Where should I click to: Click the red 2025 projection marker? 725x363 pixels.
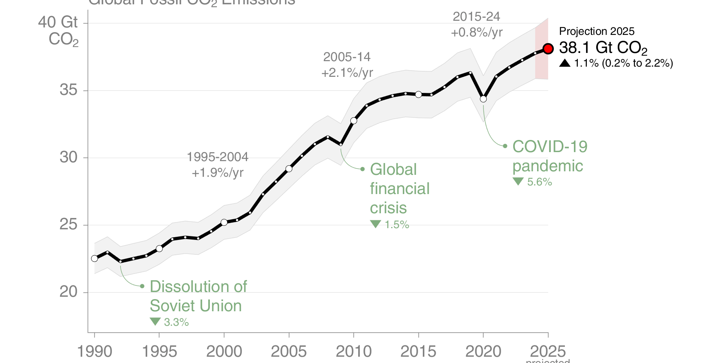[548, 49]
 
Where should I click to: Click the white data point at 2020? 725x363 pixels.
[483, 99]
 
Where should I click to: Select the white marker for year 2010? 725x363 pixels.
[354, 121]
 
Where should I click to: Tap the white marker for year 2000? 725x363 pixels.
[224, 222]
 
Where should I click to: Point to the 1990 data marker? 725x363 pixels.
[94, 258]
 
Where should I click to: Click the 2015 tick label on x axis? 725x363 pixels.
[418, 351]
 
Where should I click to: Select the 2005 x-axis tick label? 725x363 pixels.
[289, 351]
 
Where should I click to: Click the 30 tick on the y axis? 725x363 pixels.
[69, 157]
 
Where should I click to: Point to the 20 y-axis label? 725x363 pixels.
[69, 292]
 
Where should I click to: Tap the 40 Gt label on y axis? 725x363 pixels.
[58, 22]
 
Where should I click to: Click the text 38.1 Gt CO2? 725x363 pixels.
[602, 48]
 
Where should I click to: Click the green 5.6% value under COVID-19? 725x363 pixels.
[539, 182]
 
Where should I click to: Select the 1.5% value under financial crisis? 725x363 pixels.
[397, 225]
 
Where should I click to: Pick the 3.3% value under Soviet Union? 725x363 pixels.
[176, 322]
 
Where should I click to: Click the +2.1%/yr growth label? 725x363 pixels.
[347, 73]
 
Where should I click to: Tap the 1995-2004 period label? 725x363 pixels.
[217, 157]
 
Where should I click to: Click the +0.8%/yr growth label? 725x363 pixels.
[476, 32]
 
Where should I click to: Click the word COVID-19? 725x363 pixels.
[550, 147]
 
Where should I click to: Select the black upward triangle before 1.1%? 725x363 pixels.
[564, 63]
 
